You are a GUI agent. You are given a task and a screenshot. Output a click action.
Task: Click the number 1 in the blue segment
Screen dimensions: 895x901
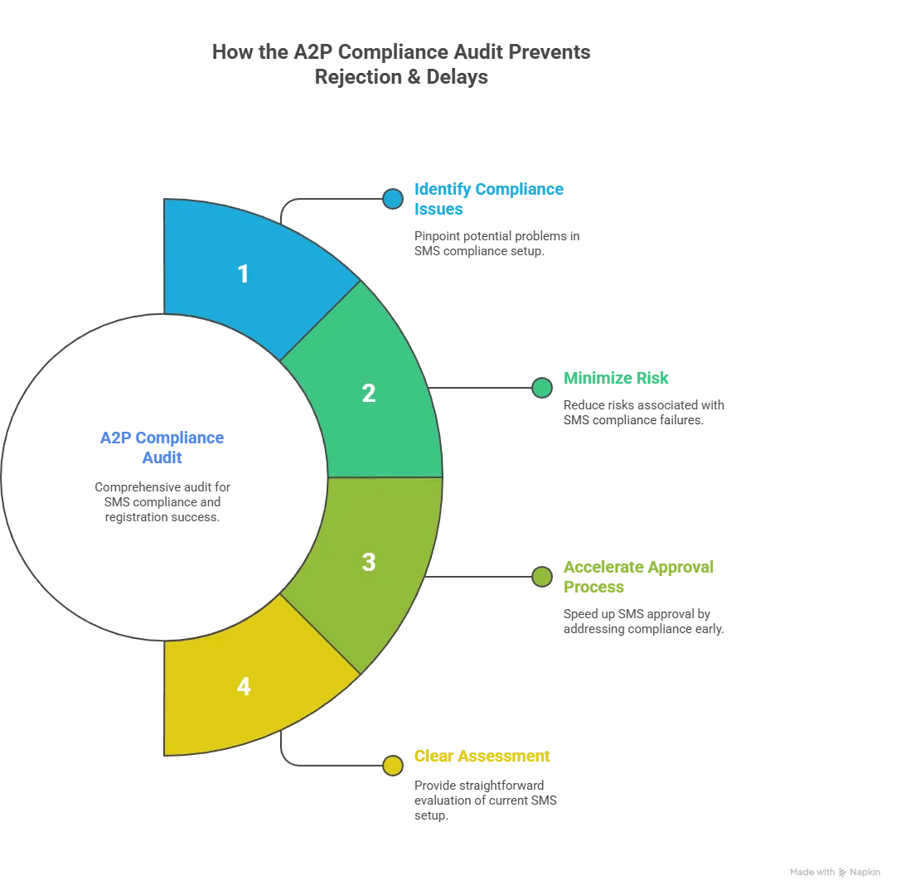tap(243, 274)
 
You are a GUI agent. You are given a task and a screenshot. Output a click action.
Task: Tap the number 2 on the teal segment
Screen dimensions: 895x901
tap(369, 394)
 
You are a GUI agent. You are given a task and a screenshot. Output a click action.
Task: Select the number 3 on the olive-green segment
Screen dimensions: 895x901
tap(369, 562)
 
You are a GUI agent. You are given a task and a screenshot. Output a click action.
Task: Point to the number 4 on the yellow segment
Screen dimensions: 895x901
tap(243, 686)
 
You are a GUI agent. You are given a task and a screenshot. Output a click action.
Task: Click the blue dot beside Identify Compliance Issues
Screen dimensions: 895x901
tap(393, 199)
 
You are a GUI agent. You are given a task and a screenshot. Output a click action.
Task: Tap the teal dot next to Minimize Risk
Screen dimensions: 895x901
tap(542, 388)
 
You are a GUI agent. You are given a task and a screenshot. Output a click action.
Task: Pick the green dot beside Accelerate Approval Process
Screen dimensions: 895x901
tap(542, 577)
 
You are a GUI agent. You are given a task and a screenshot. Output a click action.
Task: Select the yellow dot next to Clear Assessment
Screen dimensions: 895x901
tap(393, 765)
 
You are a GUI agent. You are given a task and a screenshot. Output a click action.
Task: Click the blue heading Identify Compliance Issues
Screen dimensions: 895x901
tap(487, 200)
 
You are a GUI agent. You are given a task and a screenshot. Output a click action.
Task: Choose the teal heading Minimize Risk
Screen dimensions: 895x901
tap(616, 378)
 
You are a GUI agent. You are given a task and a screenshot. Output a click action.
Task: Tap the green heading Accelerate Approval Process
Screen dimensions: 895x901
tap(638, 578)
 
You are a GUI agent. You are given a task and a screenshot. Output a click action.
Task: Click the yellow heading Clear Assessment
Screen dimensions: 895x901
tap(481, 756)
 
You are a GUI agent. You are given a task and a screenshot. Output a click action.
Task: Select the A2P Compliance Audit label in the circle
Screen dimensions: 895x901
tap(162, 447)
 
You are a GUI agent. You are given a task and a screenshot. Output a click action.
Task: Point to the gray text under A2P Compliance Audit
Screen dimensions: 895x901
tap(162, 501)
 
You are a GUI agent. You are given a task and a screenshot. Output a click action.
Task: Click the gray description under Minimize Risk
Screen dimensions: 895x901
tap(646, 411)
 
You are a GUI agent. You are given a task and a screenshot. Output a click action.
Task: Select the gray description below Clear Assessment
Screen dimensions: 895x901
tap(482, 797)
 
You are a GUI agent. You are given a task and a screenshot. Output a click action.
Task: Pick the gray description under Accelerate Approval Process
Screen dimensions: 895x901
tap(646, 621)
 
